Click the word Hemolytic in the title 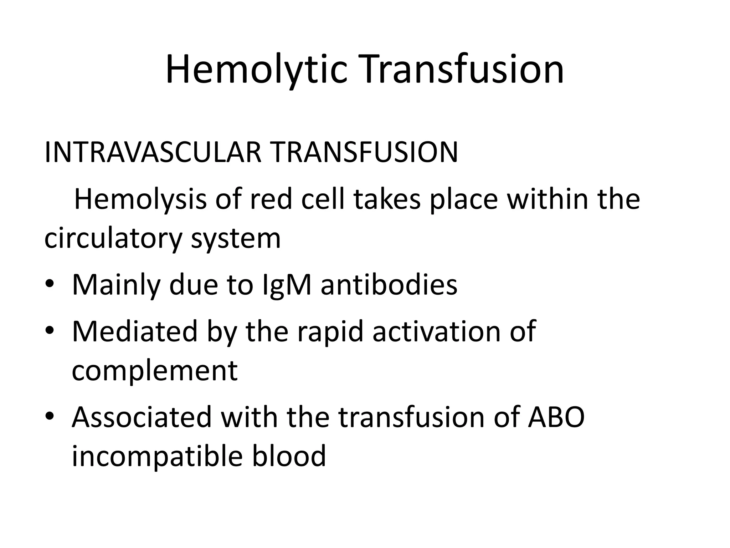(256, 70)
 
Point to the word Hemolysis (140, 200)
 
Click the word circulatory (113, 239)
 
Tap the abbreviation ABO (556, 417)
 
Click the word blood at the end (289, 456)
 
